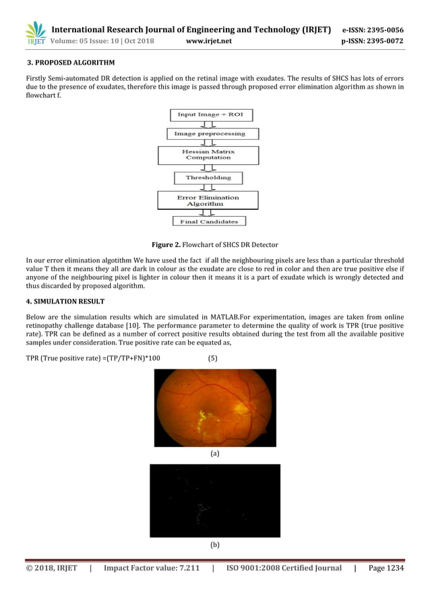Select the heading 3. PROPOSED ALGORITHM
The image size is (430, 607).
point(71,63)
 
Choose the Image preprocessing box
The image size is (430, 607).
point(210,134)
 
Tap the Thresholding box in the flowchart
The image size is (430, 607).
point(208,178)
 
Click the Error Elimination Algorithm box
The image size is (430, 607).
point(208,200)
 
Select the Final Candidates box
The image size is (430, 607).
point(208,221)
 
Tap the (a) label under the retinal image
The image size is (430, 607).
point(215,454)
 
